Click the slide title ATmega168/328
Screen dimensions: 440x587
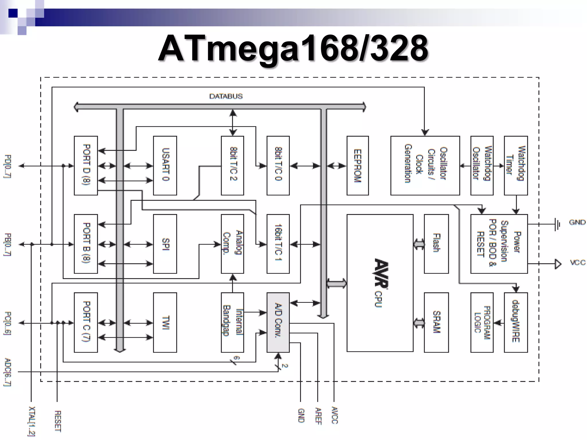tap(293, 49)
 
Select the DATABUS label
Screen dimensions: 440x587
tap(226, 96)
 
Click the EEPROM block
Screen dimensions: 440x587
tap(357, 166)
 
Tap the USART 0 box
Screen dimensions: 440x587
tap(165, 166)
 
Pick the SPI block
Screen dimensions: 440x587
tap(165, 244)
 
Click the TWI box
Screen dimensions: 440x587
tap(165, 322)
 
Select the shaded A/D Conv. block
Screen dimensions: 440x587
tap(278, 322)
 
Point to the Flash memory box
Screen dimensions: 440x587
tap(436, 244)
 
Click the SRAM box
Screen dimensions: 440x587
tap(436, 322)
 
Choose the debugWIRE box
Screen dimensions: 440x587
tap(516, 322)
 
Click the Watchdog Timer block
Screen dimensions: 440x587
tap(516, 166)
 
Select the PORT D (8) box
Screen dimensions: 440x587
tap(86, 166)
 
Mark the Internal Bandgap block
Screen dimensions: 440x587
tap(232, 322)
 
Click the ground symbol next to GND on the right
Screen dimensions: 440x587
tap(557, 224)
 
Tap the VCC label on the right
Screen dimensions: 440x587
tap(577, 263)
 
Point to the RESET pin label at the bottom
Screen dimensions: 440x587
tap(58, 421)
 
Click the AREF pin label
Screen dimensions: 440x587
tap(318, 416)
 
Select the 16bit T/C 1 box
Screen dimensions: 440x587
tap(278, 244)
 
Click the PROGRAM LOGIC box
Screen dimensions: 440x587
tap(482, 322)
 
